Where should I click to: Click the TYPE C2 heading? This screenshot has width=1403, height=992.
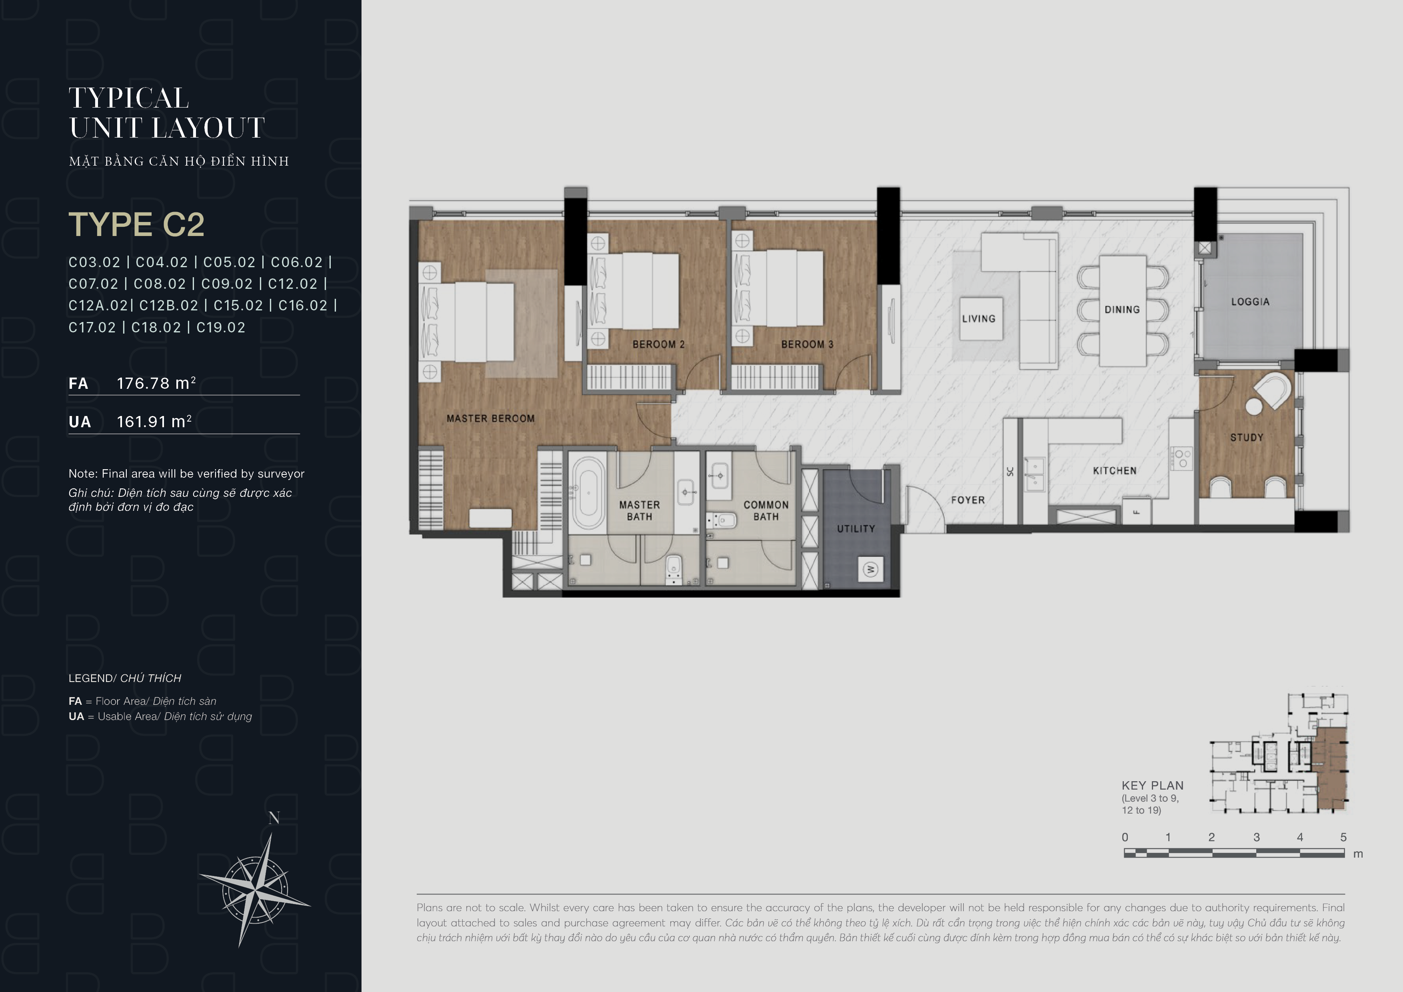click(136, 224)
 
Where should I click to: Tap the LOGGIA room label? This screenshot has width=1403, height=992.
click(1250, 302)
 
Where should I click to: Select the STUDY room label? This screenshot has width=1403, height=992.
click(1247, 438)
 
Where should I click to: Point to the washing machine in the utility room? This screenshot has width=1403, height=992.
click(871, 570)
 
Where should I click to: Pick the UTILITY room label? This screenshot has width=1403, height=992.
click(856, 529)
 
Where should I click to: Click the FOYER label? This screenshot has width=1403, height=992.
click(968, 500)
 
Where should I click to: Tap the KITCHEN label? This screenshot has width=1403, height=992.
click(1115, 471)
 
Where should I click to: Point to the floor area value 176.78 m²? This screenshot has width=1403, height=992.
click(156, 383)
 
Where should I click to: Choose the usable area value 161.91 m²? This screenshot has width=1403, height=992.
click(154, 422)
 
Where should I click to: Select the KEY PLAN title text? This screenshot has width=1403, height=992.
click(1153, 786)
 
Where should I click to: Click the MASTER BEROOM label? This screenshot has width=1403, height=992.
click(491, 419)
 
